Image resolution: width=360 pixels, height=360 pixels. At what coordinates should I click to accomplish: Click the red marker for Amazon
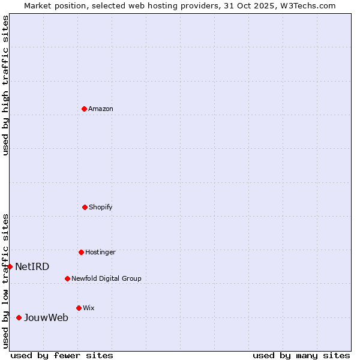[84, 109]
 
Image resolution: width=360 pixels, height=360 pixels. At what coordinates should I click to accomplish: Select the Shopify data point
[85, 207]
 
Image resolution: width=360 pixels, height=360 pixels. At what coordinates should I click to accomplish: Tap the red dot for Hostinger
[81, 252]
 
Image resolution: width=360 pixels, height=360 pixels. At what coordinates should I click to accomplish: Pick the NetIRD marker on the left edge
[10, 266]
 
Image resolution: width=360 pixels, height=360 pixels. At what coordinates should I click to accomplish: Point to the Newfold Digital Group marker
[67, 278]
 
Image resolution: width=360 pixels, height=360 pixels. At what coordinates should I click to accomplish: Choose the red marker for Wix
[79, 308]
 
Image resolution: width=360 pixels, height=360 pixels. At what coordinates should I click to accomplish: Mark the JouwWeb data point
[19, 317]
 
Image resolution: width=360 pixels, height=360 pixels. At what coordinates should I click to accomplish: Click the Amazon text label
[101, 109]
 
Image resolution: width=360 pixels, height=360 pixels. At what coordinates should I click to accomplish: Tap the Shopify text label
[101, 207]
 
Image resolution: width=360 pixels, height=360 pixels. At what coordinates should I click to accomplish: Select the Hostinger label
[100, 252]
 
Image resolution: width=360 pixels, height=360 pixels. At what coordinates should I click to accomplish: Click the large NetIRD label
[32, 266]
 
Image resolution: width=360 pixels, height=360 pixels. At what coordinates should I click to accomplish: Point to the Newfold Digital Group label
[106, 278]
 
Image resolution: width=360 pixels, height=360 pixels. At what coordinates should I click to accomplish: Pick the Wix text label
[89, 308]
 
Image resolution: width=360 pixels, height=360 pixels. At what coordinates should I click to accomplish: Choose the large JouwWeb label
[46, 317]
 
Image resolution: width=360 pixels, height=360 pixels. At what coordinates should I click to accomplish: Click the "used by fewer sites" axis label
[62, 355]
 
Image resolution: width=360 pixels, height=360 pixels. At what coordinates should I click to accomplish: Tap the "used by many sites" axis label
[301, 355]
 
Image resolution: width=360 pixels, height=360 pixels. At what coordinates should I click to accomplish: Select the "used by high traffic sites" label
[5, 85]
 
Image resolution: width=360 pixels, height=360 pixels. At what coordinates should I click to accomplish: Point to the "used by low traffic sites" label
[5, 280]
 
